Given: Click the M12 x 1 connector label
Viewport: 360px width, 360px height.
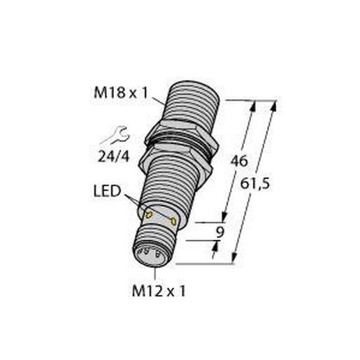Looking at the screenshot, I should tap(157, 289).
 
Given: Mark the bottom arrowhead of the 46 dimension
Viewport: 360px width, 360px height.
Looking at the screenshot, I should tap(225, 218).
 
